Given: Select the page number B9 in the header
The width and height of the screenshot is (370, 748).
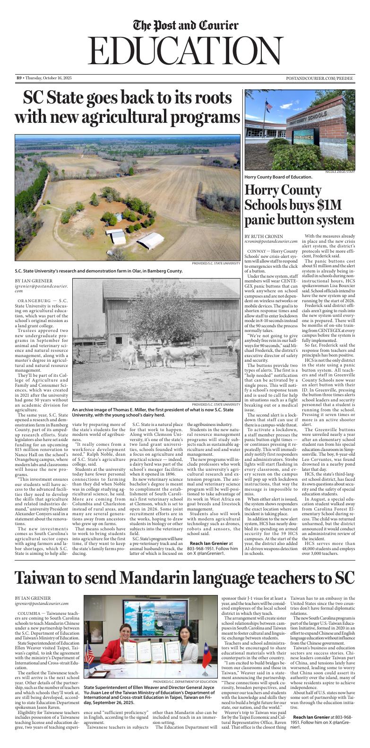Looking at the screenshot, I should click(x=19, y=78).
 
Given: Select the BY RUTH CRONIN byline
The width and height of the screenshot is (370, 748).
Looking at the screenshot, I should click(x=264, y=236).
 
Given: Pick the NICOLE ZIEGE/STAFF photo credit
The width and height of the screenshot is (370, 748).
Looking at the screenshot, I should click(x=340, y=172).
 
